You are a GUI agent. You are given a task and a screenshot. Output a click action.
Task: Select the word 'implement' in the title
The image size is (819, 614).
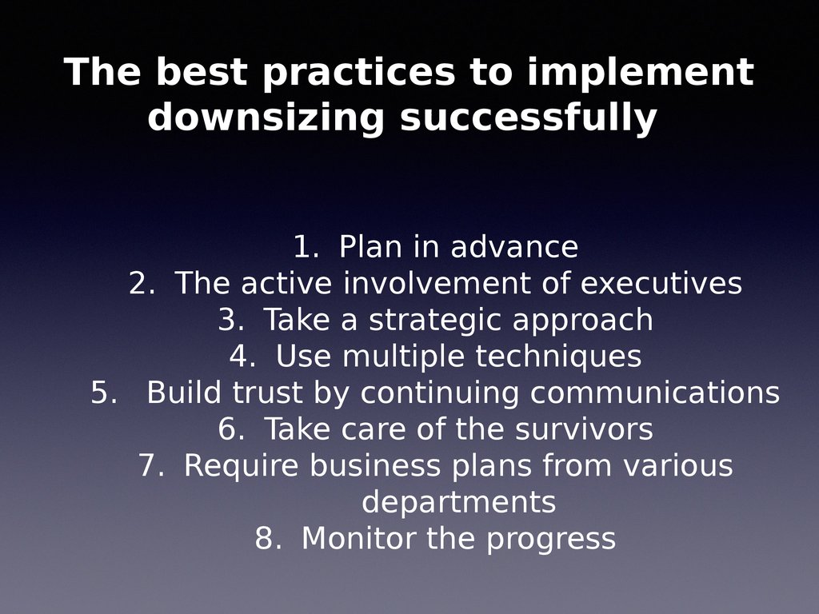point(640,74)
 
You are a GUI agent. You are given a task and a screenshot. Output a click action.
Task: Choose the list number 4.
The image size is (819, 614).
point(242,357)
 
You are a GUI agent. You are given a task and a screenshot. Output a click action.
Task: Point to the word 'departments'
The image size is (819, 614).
point(458,503)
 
